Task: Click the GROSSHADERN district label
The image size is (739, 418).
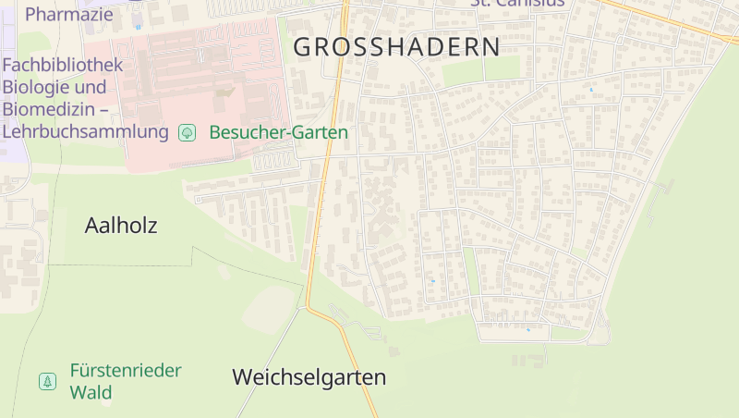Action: [x=396, y=46]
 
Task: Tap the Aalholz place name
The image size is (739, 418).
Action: [x=121, y=225]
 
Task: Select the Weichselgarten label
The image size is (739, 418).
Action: [x=309, y=377]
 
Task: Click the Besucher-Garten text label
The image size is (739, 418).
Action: [x=278, y=132]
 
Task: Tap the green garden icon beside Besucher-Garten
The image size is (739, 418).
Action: [x=187, y=132]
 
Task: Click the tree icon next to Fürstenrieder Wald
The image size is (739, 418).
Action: [x=47, y=381]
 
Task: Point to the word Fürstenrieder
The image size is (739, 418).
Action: [x=126, y=371]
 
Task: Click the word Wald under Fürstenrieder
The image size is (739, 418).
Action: [x=91, y=392]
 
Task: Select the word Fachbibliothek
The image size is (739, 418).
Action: [x=63, y=66]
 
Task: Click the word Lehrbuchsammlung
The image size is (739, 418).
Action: [x=86, y=131]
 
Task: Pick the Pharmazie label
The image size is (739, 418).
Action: [x=68, y=14]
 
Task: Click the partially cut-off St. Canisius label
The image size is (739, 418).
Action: [x=517, y=3]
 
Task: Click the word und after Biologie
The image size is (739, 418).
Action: [x=90, y=88]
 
